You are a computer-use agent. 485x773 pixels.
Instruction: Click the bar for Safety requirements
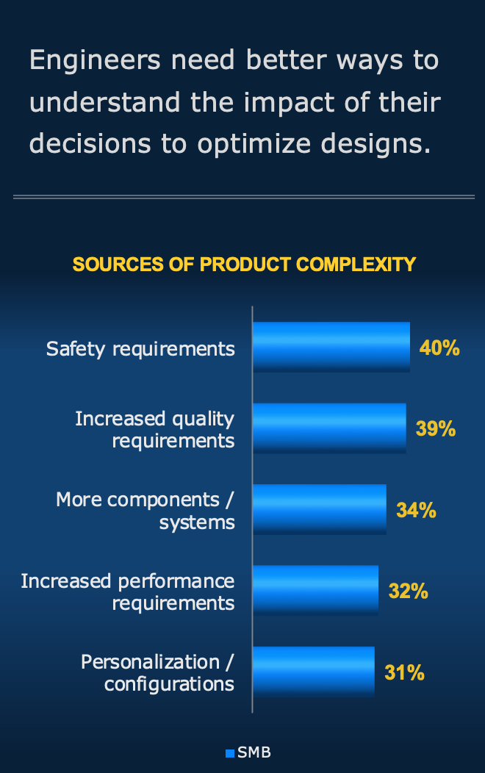coord(331,347)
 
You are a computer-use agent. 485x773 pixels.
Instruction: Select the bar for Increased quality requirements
coord(328,428)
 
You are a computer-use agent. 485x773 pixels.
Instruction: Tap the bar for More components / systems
coord(319,509)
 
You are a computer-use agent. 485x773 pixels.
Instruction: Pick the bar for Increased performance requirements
coord(315,590)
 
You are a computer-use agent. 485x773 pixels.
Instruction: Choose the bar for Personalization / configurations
coord(313,672)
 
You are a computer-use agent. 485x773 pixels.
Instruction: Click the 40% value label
coord(439,348)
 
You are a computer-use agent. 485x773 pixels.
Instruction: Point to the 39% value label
coord(436,428)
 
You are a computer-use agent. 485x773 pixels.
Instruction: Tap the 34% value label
coord(416,510)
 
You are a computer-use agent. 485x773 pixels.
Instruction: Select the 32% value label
coord(409,591)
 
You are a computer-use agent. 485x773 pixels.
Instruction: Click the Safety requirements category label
coord(140,348)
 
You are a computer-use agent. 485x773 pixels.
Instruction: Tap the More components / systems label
coord(145,511)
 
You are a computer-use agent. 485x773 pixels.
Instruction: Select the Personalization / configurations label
coord(157,673)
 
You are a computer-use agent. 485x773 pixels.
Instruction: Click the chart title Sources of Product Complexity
coord(245,265)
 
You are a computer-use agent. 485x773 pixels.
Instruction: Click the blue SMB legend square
coord(230,753)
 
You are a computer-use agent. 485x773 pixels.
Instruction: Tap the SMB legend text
coord(254,753)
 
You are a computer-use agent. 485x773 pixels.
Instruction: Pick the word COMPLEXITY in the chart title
coord(356,265)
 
